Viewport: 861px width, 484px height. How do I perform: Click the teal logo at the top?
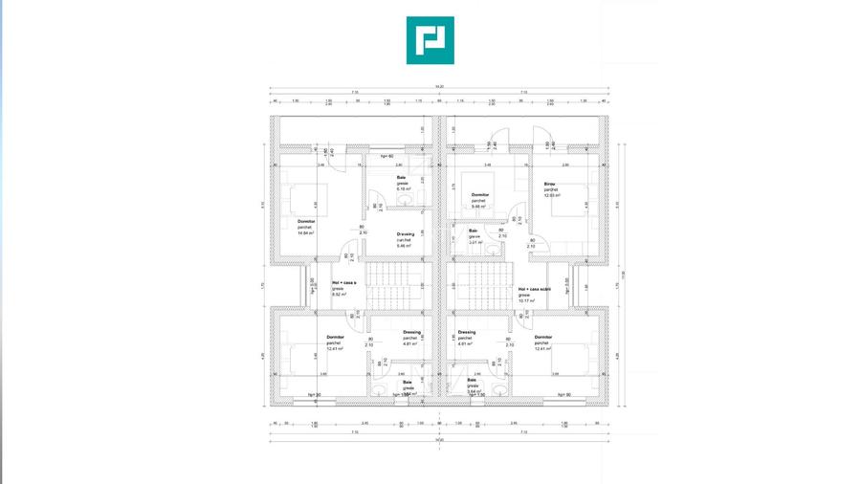pos(430,40)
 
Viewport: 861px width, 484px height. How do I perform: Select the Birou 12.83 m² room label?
pos(552,189)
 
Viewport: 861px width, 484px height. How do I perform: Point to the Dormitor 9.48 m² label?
pos(479,200)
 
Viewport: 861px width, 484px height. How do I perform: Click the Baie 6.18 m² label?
pos(404,183)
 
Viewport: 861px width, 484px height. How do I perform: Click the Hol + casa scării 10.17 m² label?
pos(533,294)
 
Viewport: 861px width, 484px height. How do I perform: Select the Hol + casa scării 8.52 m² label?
pos(343,288)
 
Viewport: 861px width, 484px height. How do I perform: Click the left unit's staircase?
pos(393,286)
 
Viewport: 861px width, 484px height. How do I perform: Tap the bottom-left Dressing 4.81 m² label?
pos(411,338)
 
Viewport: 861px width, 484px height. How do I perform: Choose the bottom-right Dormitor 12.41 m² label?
pos(543,342)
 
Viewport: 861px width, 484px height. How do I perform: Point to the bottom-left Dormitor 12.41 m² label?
pos(335,342)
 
